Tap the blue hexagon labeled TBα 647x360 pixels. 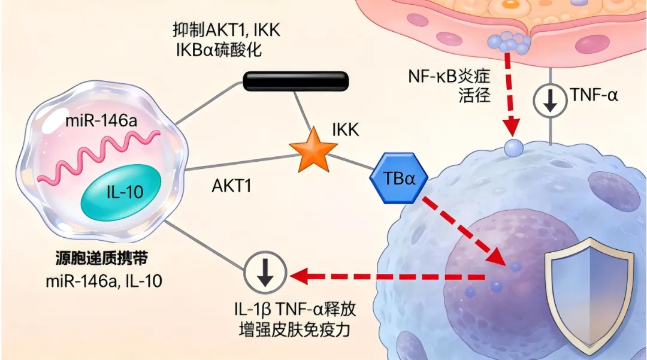398,178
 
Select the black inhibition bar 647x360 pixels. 295,81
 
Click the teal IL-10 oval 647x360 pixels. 120,192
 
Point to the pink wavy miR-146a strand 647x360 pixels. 99,158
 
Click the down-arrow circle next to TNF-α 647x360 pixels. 550,100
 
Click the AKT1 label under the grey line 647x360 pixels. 231,186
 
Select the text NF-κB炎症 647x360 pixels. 449,76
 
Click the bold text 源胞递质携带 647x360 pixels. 101,259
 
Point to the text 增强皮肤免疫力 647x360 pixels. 295,330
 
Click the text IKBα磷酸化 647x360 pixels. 219,50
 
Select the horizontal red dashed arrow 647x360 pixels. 387,276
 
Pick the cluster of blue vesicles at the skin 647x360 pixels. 509,41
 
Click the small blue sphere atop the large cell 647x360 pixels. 514,147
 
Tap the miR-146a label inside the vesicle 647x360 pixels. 101,121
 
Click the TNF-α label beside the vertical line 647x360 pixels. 594,95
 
